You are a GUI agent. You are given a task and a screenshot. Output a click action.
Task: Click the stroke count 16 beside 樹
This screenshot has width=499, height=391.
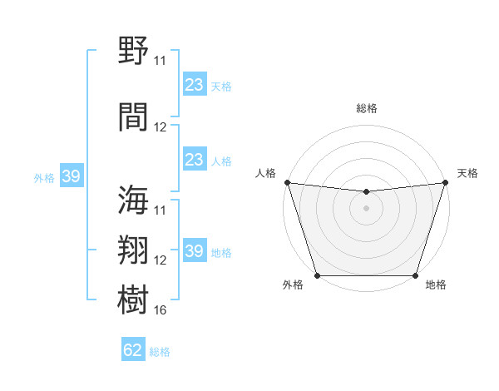[x=161, y=310]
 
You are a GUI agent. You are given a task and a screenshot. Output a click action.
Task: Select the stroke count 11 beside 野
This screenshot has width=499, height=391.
[x=161, y=61]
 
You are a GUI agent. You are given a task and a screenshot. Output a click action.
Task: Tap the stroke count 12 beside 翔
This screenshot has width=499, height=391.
[x=161, y=260]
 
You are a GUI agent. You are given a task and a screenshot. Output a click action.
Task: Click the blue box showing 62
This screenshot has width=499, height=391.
[x=133, y=350]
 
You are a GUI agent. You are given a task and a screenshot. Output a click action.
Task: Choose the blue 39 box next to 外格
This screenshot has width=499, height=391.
[x=71, y=176]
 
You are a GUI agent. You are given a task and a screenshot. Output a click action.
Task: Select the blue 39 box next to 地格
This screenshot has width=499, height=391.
[x=194, y=251]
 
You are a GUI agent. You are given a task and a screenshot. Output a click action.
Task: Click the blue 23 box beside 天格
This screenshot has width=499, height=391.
[x=194, y=85]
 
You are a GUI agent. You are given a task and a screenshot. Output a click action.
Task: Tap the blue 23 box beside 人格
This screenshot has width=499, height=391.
[x=194, y=160]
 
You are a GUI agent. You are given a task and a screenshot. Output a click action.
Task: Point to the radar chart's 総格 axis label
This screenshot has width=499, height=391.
[x=367, y=108]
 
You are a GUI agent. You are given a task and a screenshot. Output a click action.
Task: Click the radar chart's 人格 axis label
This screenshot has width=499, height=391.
[x=266, y=173]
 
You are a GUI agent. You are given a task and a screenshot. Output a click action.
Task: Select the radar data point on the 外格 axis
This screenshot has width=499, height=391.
[x=317, y=275]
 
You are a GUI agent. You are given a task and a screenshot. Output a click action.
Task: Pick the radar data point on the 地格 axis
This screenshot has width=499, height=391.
[x=416, y=275]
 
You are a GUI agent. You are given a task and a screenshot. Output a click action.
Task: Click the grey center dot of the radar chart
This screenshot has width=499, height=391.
[x=366, y=208]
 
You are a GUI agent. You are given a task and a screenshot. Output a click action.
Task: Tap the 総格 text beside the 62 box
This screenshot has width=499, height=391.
[x=160, y=352]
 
